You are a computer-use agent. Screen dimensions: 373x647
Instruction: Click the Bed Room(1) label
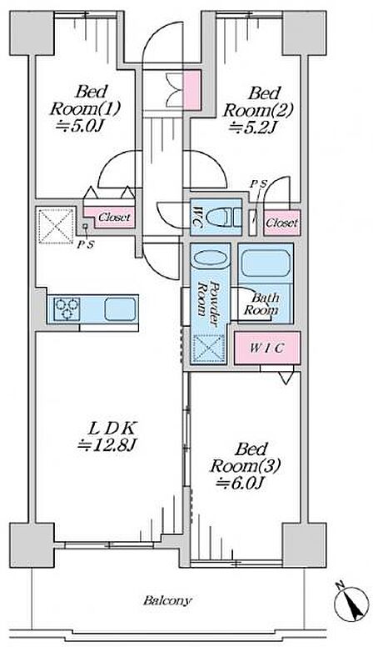click(85, 100)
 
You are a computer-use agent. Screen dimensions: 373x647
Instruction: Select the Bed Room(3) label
click(246, 457)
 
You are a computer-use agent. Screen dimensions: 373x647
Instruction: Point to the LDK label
click(112, 429)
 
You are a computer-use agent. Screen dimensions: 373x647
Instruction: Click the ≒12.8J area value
click(107, 445)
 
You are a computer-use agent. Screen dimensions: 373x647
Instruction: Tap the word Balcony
click(167, 600)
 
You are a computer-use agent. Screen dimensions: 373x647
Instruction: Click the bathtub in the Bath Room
click(266, 263)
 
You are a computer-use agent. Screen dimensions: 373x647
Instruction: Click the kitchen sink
click(120, 309)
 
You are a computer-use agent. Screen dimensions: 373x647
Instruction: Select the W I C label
click(266, 348)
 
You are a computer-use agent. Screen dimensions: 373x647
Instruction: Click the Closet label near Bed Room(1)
click(115, 217)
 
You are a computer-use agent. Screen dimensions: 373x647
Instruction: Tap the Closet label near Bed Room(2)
click(281, 223)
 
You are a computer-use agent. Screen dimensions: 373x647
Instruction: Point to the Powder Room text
click(209, 298)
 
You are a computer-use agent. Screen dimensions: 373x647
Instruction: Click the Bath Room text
click(261, 303)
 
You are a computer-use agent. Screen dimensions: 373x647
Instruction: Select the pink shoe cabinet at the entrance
click(191, 89)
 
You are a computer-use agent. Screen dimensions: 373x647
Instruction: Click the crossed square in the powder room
click(209, 349)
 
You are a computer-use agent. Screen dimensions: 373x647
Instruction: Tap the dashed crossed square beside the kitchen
click(56, 226)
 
